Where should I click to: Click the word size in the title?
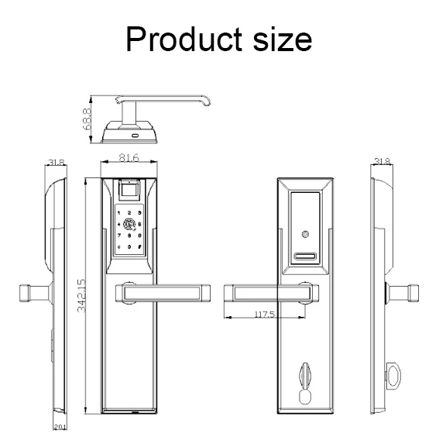tap(280, 38)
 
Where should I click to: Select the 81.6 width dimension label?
tap(129, 158)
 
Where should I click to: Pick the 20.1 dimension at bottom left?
tap(60, 427)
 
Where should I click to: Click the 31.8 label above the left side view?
tap(56, 163)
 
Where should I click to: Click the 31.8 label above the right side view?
tap(381, 162)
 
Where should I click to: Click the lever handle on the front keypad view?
tap(163, 292)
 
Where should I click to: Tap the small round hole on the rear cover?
tap(307, 233)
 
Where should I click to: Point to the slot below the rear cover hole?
tap(307, 257)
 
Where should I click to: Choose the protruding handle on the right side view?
tap(405, 294)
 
